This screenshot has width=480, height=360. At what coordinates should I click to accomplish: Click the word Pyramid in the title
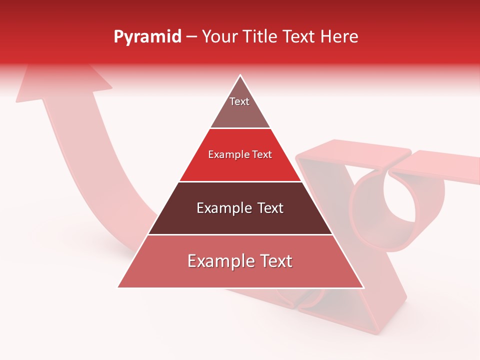tap(147, 37)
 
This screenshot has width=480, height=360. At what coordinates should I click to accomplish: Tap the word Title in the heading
tap(263, 37)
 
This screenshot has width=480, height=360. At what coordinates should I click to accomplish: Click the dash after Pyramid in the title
tap(191, 37)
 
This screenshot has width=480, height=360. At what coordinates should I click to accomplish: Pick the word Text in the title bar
tap(300, 37)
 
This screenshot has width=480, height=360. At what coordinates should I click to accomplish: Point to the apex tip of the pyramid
tap(240, 76)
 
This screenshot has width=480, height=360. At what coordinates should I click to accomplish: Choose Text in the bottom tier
tap(275, 261)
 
